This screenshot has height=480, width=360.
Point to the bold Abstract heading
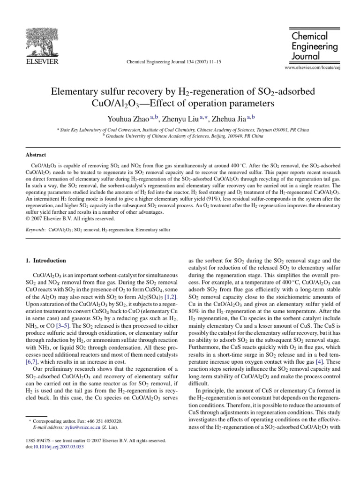pos(36,154)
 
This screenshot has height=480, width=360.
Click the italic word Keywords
pos(35,230)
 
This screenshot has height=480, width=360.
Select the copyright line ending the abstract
pos(70,218)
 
